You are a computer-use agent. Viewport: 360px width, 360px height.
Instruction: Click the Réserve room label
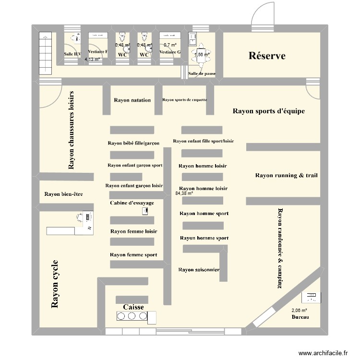tap(267, 56)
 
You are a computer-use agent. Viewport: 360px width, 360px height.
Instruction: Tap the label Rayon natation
tap(132, 100)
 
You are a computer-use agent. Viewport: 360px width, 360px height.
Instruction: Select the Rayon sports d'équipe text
tap(268, 111)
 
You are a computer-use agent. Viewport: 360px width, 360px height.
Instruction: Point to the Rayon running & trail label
tap(286, 176)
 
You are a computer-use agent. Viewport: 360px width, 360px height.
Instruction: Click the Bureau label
tap(300, 318)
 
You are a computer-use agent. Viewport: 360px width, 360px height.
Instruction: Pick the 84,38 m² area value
tap(184, 193)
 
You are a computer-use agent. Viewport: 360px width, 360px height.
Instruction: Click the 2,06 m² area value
tap(299, 311)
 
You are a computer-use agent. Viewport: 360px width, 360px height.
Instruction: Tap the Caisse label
tap(133, 307)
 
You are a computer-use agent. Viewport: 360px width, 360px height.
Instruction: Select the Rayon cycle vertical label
tap(55, 284)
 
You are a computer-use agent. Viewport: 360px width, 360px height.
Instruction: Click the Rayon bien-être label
tap(63, 194)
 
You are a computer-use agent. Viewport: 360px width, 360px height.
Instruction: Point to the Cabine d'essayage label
tap(132, 203)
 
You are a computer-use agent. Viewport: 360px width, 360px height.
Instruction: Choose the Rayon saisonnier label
tap(199, 270)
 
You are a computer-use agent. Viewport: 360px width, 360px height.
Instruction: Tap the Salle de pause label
tap(202, 73)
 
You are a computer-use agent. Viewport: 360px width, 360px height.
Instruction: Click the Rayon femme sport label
tap(133, 255)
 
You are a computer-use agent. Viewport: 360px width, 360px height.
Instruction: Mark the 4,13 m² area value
tap(92, 60)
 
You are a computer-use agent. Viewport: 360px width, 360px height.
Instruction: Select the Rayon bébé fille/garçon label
tap(133, 143)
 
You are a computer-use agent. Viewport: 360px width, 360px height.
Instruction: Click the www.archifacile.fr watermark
tap(323, 352)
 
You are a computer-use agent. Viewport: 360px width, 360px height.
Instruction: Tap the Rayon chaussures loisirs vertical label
tap(72, 130)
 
